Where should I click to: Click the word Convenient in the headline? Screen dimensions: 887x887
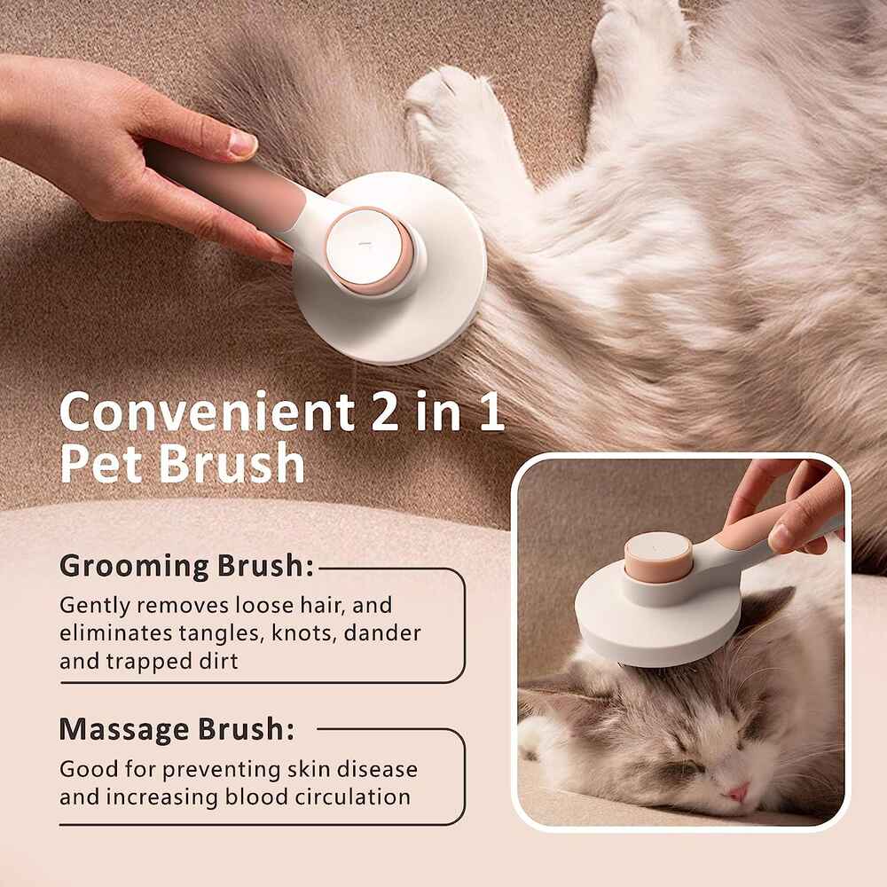208,412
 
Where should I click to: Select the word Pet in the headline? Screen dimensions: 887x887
101,464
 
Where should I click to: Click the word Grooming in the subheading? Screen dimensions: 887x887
135,567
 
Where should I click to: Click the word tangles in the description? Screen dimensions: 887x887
222,633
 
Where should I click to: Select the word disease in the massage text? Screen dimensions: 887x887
377,769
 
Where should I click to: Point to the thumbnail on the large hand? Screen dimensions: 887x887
242,144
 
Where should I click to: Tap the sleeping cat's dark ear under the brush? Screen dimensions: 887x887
765,611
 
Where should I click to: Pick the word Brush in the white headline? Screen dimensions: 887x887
232,464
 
